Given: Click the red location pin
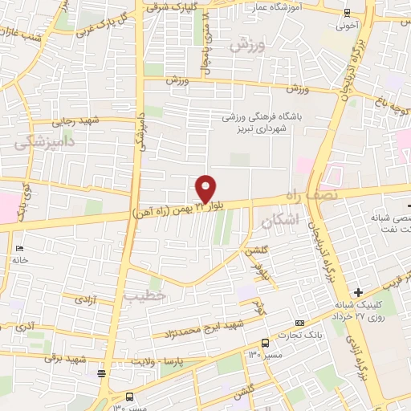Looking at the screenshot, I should [x=205, y=189].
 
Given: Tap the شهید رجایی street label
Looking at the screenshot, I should [x=74, y=122].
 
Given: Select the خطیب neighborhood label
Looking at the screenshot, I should [x=144, y=295].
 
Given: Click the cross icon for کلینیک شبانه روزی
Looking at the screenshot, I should [x=358, y=291].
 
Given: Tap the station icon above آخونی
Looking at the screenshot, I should [x=346, y=13].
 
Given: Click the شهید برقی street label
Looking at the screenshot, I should [x=63, y=358].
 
